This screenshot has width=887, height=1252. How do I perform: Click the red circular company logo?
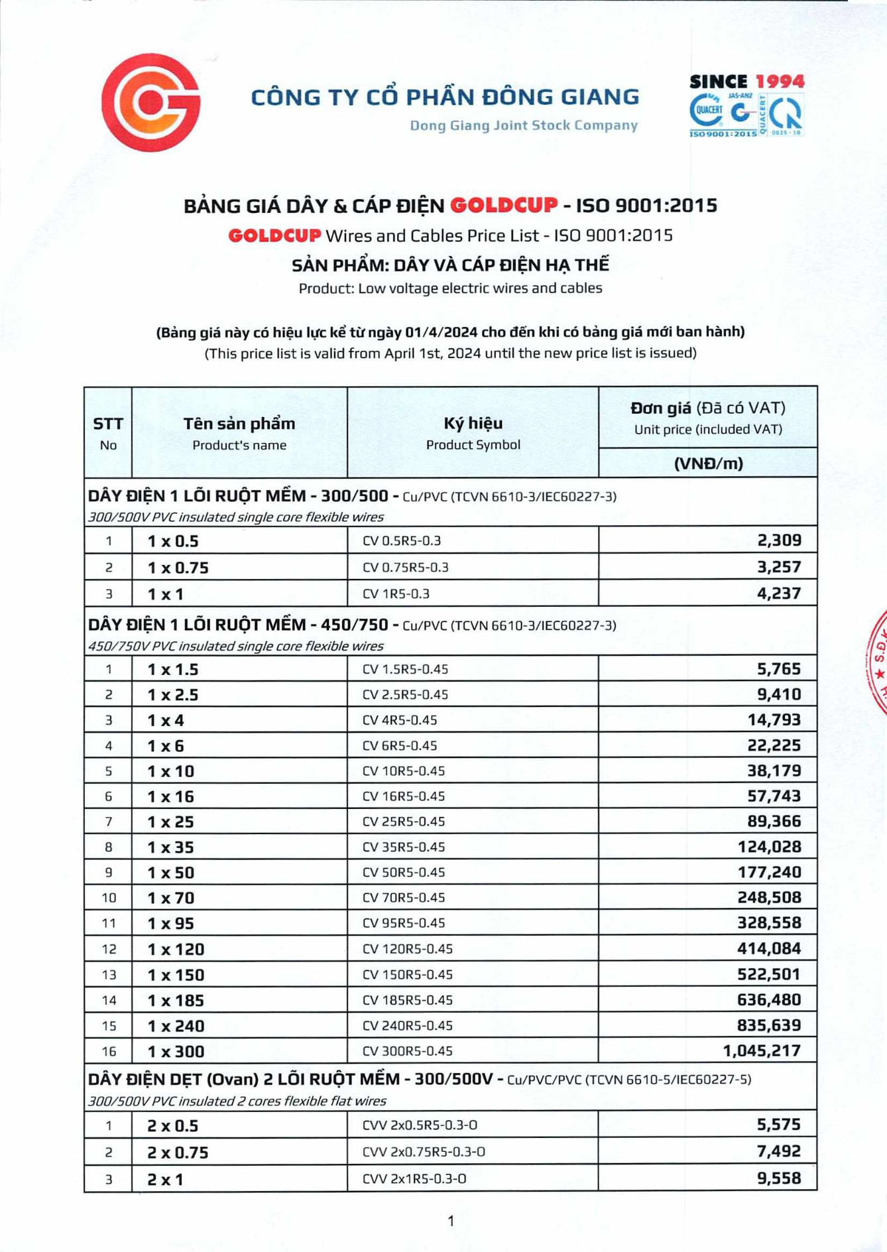[x=151, y=102]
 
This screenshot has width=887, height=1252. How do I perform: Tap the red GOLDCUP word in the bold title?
[x=504, y=205]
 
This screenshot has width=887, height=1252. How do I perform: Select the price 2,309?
[x=779, y=540]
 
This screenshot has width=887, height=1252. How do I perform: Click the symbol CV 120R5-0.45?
[x=407, y=949]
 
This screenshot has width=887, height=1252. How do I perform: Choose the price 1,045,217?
[x=762, y=1050]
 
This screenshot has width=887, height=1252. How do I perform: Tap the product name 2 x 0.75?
[x=178, y=1153]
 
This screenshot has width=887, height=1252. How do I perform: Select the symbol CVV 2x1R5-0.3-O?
[x=414, y=1178]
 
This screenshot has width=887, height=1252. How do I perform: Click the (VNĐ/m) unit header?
[x=708, y=463]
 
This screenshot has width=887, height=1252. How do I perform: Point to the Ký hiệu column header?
[x=473, y=423]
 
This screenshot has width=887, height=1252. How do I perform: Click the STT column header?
[x=108, y=424]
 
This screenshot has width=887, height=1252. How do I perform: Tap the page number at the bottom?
[x=451, y=1220]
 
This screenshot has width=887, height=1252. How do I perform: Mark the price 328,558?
[x=769, y=922]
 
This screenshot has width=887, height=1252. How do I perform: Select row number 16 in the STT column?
[x=109, y=1051]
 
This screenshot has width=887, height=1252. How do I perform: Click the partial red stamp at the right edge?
[x=878, y=663]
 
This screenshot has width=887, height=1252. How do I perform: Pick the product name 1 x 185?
[x=176, y=1000]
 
